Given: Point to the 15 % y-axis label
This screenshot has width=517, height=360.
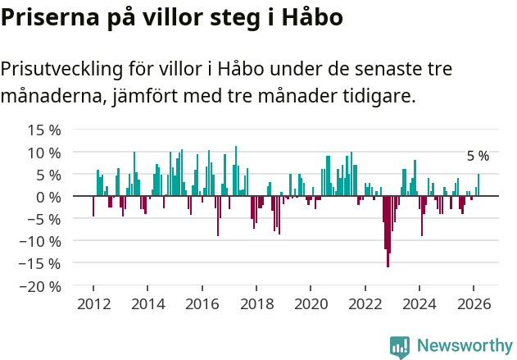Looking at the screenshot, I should (44, 130).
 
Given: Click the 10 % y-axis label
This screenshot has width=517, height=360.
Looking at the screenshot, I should (44, 153).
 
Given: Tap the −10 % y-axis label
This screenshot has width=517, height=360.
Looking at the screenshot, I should (40, 242).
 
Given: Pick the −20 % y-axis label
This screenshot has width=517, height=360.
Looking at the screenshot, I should (40, 287).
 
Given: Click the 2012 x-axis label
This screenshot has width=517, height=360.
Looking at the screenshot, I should (93, 303).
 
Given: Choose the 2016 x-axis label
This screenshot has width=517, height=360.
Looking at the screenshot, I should (202, 303).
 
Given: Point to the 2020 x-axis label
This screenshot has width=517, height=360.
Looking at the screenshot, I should (311, 303).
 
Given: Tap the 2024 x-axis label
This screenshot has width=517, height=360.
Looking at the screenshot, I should (419, 303).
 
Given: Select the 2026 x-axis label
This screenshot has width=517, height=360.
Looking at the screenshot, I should (474, 303).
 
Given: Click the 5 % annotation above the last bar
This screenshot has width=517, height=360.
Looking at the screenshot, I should (478, 156).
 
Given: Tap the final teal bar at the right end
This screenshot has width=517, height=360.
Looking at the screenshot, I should (478, 185).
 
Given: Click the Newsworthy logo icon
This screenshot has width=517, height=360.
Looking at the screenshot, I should (400, 347).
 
